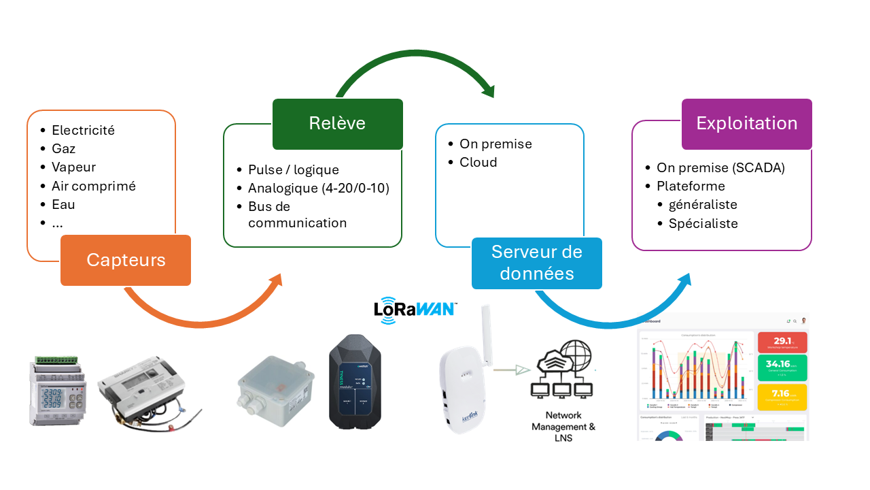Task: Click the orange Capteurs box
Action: pos(126,260)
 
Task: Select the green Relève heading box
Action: pos(337,123)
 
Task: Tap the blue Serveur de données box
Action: pos(537,263)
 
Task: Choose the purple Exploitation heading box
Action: pos(746,123)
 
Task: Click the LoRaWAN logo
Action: pos(415,308)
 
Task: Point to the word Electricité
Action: pos(83,130)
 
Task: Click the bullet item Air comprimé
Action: pos(93,186)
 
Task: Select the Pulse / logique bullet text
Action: pos(293,169)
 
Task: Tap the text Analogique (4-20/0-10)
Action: pos(318,188)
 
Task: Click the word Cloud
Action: pos(478,162)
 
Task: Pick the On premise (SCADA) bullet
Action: pos(720,168)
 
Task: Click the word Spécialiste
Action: pos(703,223)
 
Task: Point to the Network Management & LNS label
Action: pos(563,427)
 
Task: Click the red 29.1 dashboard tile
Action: pos(782,342)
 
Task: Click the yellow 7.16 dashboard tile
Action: pos(782,397)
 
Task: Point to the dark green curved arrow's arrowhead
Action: pos(488,90)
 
